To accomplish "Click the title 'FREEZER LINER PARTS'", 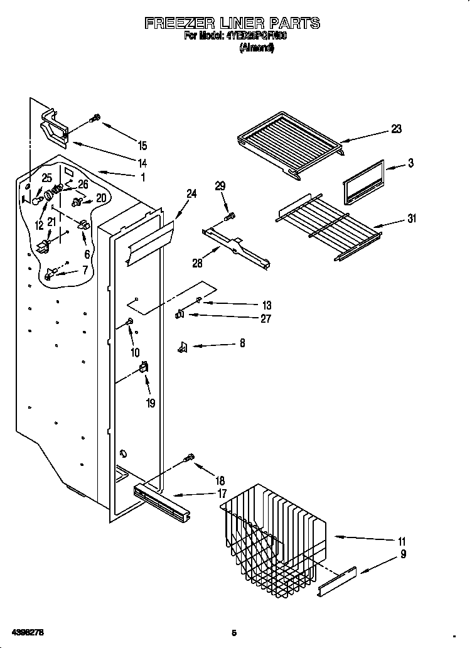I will tap(232, 24).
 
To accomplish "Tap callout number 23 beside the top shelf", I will tap(396, 129).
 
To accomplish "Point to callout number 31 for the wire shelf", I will tap(411, 219).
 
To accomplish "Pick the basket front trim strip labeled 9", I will tap(336, 581).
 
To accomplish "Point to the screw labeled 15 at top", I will tap(95, 117).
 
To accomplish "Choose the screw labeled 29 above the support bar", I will tap(230, 217).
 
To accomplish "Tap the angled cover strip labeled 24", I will tap(149, 240).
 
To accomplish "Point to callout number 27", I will tap(265, 319).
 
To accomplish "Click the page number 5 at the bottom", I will tap(233, 633).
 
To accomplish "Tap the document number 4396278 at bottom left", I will tap(26, 631).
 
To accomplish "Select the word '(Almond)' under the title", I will tap(257, 48).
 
